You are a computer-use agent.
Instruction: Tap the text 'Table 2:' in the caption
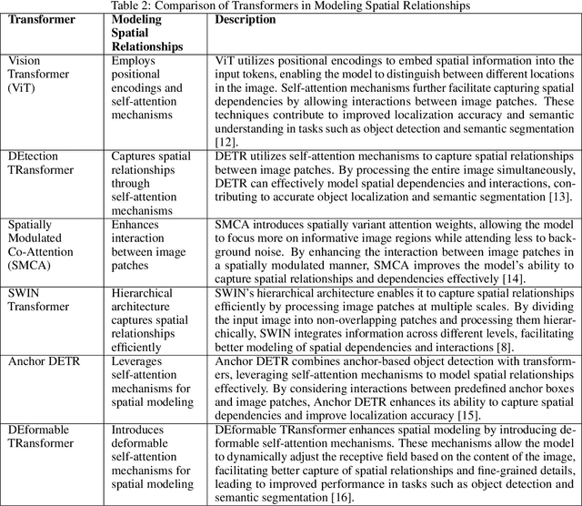(132, 6)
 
